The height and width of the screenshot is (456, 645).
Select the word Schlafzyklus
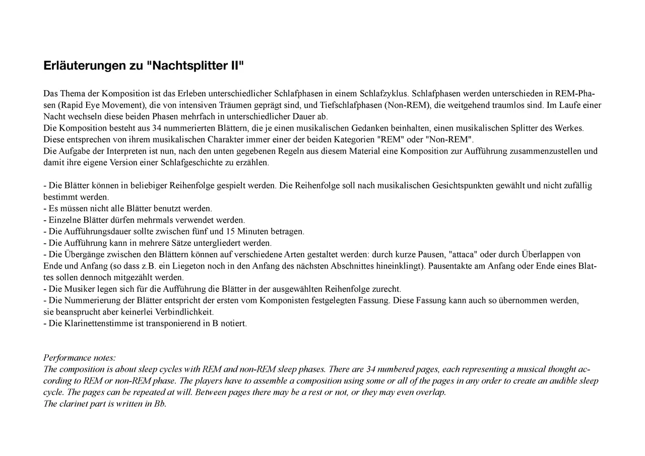coord(383,93)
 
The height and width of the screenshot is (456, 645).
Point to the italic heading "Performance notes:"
coord(80,358)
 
